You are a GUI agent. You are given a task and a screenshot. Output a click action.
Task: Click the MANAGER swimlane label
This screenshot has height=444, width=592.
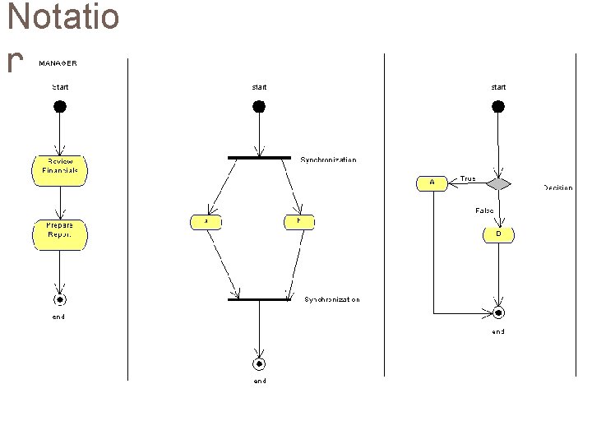tap(58, 62)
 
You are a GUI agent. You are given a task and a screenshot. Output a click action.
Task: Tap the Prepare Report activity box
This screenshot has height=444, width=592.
tap(59, 234)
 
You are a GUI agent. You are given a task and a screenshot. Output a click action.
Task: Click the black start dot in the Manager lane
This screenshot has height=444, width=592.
tap(60, 106)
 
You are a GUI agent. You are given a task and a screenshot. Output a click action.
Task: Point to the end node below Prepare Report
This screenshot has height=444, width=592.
tap(60, 299)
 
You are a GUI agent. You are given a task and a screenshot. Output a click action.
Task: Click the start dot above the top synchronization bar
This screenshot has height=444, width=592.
tap(259, 106)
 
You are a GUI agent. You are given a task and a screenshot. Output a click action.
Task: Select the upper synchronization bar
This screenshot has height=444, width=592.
tap(259, 157)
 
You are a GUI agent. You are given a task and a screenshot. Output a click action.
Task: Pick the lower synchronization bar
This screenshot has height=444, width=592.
tap(259, 299)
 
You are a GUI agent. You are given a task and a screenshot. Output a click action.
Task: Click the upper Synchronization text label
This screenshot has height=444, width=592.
tap(328, 160)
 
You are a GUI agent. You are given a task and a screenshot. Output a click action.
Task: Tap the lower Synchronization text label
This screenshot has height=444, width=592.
tap(332, 300)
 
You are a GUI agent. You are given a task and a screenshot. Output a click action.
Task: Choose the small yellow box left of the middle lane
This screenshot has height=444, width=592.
tap(206, 221)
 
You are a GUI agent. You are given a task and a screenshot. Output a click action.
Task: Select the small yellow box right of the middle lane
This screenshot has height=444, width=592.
tap(299, 221)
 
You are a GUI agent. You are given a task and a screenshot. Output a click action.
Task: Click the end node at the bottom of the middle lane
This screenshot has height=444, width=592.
tap(259, 363)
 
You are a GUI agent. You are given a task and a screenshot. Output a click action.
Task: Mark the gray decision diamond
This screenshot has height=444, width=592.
tap(498, 183)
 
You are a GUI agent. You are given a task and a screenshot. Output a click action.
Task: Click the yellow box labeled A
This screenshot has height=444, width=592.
tap(432, 183)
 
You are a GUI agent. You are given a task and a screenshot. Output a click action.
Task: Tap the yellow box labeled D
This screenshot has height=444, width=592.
tap(498, 234)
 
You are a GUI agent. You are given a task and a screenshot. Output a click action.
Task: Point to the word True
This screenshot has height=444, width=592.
tap(468, 178)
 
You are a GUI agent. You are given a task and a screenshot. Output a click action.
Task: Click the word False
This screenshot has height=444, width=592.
tap(484, 211)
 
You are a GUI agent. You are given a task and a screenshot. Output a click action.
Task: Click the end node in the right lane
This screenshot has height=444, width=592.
tap(498, 313)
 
